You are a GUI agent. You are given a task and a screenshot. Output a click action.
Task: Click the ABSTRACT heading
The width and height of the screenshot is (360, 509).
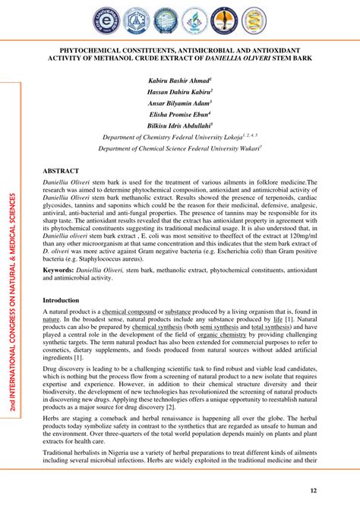pos(61,172)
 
